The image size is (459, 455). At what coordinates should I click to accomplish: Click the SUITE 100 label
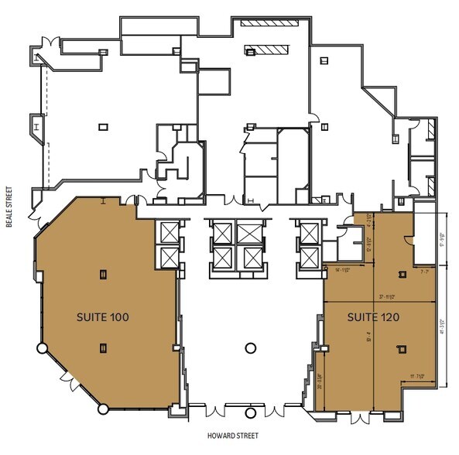(102, 316)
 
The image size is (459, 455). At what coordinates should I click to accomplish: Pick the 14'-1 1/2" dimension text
(344, 269)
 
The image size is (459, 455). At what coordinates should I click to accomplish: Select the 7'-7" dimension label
(423, 272)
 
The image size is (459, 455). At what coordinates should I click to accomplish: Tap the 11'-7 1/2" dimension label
(419, 377)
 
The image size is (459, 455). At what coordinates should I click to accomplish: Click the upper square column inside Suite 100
(103, 272)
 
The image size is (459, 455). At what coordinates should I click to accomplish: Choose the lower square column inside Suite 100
(103, 348)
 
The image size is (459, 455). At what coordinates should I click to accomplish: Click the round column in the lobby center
(250, 348)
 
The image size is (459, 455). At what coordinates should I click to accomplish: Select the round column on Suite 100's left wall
(40, 348)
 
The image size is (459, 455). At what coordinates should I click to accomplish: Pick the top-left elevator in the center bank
(221, 232)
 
